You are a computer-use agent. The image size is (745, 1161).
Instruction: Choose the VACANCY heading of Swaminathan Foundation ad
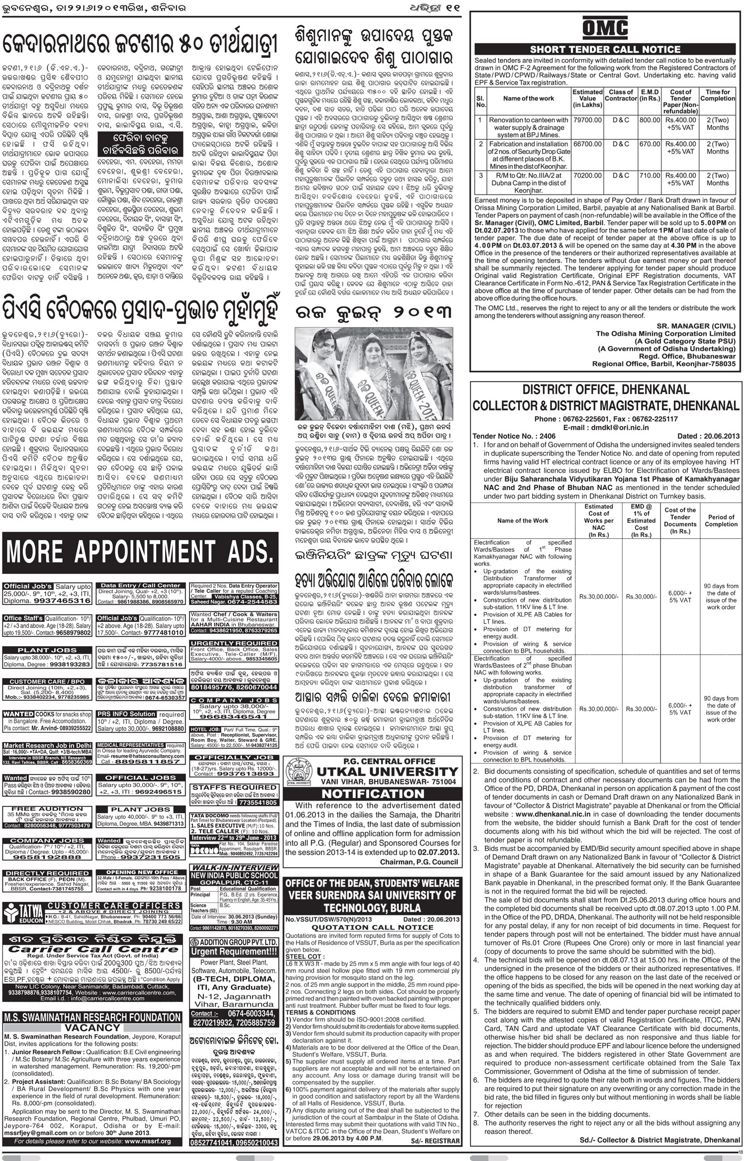tap(93, 1028)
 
